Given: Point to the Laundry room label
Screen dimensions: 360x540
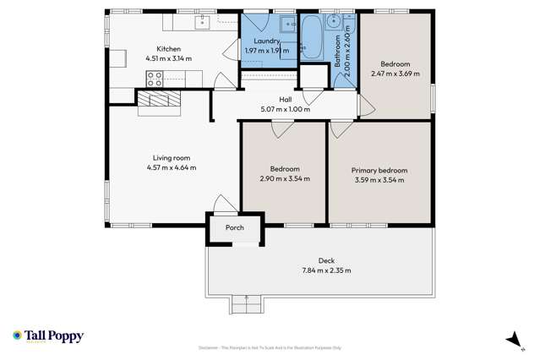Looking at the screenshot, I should (x=267, y=40).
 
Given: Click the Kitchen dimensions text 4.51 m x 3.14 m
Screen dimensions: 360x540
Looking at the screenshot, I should (x=168, y=58).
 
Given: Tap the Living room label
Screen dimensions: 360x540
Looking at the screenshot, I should (x=171, y=157).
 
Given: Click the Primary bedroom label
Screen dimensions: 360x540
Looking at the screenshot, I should (x=379, y=170).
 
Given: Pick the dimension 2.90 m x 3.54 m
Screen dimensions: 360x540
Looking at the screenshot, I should (x=284, y=178).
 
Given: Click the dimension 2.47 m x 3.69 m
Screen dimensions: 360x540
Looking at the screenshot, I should (x=395, y=74).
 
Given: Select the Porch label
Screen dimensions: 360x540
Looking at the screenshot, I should (x=233, y=228).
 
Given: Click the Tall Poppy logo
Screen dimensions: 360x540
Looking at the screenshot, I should (x=48, y=335).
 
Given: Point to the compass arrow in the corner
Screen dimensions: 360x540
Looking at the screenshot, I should (x=510, y=340).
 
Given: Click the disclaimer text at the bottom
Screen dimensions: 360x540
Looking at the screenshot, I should (x=270, y=347).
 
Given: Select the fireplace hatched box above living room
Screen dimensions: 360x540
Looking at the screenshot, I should (x=160, y=101).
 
